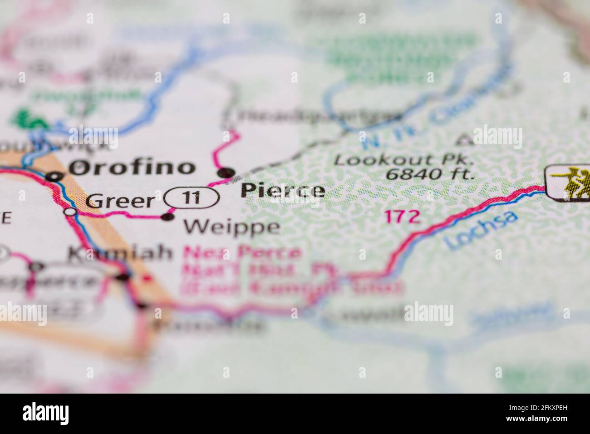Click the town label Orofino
(132, 168)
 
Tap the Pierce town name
(283, 191)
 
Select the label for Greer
(120, 201)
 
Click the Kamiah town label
(120, 253)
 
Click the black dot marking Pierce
(226, 173)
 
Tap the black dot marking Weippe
(168, 217)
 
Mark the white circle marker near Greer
(70, 212)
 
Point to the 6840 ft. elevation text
(429, 173)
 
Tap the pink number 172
(402, 217)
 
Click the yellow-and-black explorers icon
(568, 182)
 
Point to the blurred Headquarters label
(314, 117)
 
